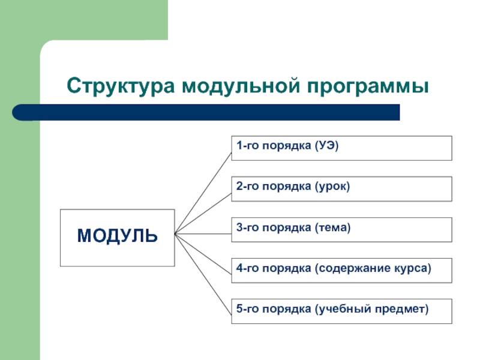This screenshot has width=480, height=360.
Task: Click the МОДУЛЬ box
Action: (117, 237)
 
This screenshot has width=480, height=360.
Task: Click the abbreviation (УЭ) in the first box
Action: (326, 146)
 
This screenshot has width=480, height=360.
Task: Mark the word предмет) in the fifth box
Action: (400, 309)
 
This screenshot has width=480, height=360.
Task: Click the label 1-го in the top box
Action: (247, 146)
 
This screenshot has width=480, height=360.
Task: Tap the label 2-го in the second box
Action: (247, 187)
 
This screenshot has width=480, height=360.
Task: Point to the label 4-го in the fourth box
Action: (247, 268)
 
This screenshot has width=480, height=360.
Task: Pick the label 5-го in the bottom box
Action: (247, 309)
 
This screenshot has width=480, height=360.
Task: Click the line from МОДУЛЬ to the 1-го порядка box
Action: (203, 191)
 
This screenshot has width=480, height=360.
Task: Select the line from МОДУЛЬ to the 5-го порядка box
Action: (203, 273)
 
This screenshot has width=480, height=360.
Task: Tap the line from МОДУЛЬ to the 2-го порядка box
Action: (203, 212)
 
